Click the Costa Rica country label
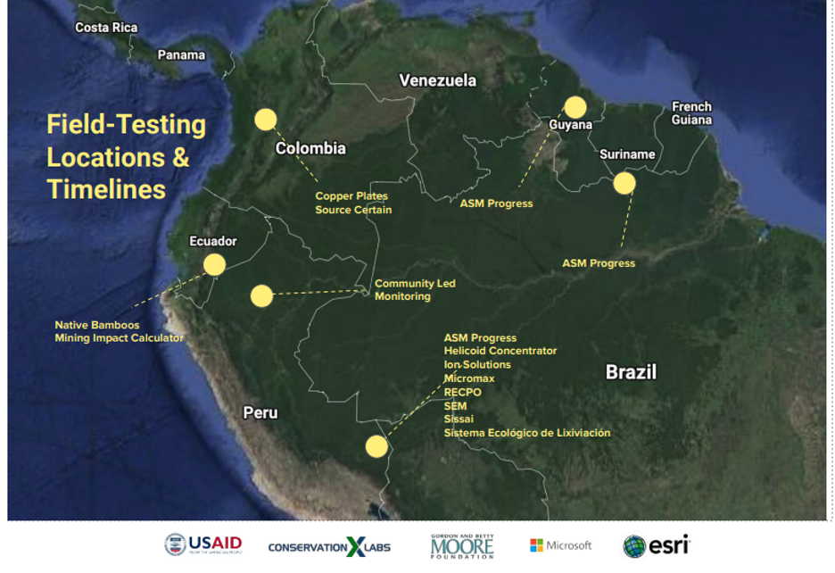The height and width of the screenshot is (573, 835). point(106,27)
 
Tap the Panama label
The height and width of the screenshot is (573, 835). point(181,55)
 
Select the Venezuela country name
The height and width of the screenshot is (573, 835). point(438,80)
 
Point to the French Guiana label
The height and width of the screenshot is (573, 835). point(691,113)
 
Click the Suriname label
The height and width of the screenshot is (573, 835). point(627,154)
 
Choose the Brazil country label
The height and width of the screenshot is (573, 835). point(631,371)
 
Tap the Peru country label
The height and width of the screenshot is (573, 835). point(260,412)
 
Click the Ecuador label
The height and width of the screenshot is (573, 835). point(213,241)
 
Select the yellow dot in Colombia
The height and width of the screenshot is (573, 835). point(266,120)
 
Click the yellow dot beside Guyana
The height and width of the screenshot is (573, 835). point(575,107)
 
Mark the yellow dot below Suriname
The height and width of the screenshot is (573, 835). point(624,183)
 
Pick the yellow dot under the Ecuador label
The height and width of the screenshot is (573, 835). point(214,264)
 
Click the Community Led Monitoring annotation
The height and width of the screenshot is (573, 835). point(415,289)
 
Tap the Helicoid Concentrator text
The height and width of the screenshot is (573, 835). point(500,351)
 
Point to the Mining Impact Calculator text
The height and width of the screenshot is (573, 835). point(119,338)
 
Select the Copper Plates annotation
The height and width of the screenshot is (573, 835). point(351,195)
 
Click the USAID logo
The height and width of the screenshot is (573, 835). point(203,544)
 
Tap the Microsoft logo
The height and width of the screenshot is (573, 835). point(561,545)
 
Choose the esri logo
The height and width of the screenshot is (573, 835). point(657,546)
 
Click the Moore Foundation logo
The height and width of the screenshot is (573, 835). point(462,546)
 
